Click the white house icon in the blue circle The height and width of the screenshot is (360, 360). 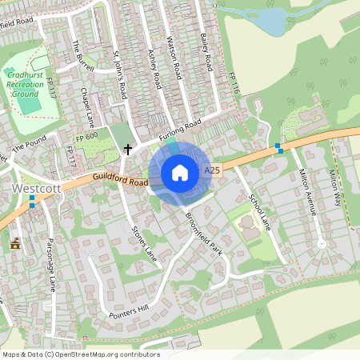[180, 173]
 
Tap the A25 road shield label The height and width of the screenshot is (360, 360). [212, 171]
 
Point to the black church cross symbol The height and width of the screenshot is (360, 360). [127, 149]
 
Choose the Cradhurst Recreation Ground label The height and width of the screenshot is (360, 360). [26, 83]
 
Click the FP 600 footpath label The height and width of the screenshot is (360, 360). [86, 138]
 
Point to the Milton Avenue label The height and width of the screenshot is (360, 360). [308, 191]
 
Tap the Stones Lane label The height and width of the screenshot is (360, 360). [145, 243]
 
